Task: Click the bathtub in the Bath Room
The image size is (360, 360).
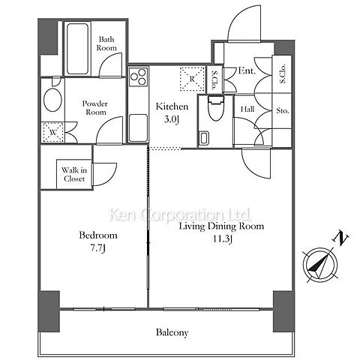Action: [x=77, y=49]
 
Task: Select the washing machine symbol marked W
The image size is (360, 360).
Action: [x=53, y=132]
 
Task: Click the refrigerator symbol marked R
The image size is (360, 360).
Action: [x=192, y=79]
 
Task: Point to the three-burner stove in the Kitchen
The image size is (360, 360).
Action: [x=138, y=77]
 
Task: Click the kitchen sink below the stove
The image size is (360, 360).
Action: [x=138, y=127]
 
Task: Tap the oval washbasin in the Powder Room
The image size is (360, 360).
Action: [x=52, y=100]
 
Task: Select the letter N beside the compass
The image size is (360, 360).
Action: [x=340, y=237]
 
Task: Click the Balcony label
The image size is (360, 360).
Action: [x=172, y=333]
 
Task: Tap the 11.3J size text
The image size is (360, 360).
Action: [x=222, y=239]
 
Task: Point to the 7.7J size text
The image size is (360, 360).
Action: [x=97, y=248]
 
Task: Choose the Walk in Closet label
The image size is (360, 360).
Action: [x=74, y=175]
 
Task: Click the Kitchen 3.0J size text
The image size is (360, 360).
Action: [x=172, y=120]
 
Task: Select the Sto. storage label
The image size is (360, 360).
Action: [x=283, y=110]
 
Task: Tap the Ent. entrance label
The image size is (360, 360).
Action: [x=247, y=71]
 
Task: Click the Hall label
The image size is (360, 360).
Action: [x=247, y=109]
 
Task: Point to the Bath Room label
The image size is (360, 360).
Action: [x=106, y=43]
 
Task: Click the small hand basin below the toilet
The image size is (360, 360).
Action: [x=203, y=138]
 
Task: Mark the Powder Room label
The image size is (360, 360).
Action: [x=95, y=108]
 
